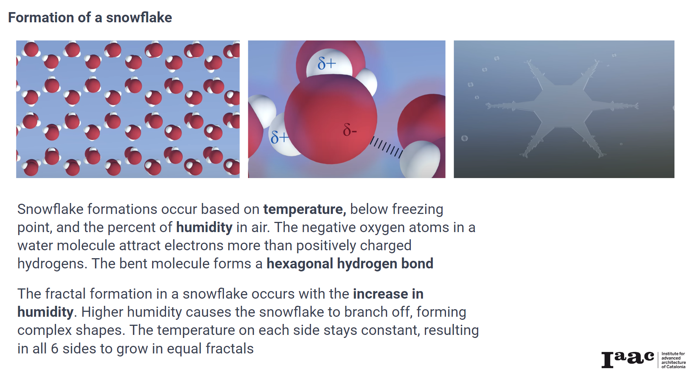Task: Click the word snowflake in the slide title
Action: [x=139, y=18]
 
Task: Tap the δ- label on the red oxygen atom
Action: [x=350, y=130]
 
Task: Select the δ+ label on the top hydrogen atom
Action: [x=326, y=63]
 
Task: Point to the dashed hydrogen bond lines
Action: [x=386, y=147]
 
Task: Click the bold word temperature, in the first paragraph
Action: [x=305, y=209]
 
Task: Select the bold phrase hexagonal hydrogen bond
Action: [x=350, y=264]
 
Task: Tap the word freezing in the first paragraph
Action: [x=417, y=209]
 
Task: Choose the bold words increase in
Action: [x=388, y=294]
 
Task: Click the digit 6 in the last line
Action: [x=54, y=349]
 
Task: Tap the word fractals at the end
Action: [x=229, y=349]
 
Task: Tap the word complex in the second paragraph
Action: [x=44, y=330]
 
